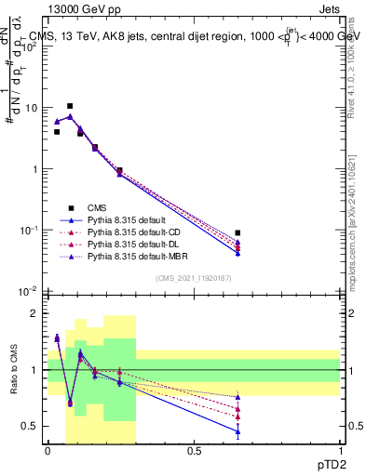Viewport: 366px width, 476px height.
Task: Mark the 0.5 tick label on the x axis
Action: pos(194,451)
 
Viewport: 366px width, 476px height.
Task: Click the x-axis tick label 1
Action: pos(340,451)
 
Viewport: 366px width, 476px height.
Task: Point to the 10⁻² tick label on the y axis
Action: pos(34,292)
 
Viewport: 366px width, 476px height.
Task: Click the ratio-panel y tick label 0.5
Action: pos(34,426)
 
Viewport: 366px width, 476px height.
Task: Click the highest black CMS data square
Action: pos(70,106)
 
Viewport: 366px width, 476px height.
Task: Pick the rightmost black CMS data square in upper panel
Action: pos(237,233)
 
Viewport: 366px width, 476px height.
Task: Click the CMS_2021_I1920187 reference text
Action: pos(193,279)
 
